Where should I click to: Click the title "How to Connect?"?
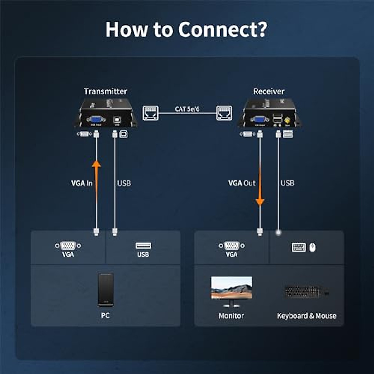tap(186, 29)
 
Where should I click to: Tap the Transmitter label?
tap(105, 91)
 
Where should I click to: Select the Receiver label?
tap(269, 91)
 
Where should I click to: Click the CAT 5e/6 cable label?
tap(187, 109)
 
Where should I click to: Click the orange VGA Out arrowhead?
tap(260, 202)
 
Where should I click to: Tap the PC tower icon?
tap(105, 290)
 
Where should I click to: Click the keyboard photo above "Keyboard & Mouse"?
tap(303, 292)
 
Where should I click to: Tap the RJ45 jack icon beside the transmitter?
tap(151, 113)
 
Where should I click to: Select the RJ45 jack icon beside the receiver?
tap(224, 113)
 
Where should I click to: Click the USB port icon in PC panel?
tap(143, 246)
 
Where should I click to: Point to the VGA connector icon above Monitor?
tap(232, 246)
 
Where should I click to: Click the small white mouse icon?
tap(313, 247)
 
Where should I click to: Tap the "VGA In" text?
tap(82, 183)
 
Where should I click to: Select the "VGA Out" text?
tap(242, 183)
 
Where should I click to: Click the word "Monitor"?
tap(231, 316)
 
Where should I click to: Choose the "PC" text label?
tap(105, 315)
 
